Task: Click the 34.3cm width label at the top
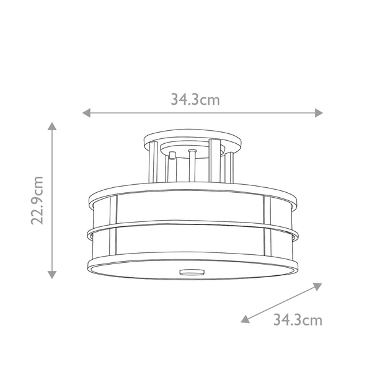(x=195, y=99)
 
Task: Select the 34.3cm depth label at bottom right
(x=298, y=320)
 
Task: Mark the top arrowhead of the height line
(x=53, y=127)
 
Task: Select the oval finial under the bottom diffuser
(x=192, y=271)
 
